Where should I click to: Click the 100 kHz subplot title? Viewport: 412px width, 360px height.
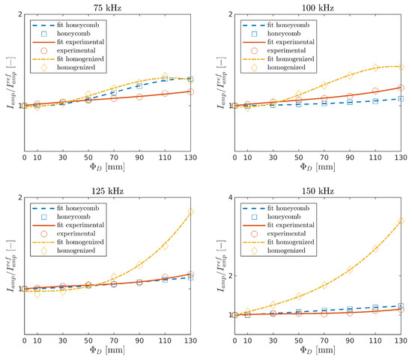pyautogui.click(x=318, y=7)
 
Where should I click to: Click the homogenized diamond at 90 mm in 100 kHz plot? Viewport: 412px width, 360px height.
pyautogui.click(x=350, y=75)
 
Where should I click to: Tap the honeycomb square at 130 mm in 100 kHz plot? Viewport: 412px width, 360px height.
pyautogui.click(x=402, y=98)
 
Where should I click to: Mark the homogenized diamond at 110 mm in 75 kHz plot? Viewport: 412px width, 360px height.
pyautogui.click(x=166, y=76)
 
